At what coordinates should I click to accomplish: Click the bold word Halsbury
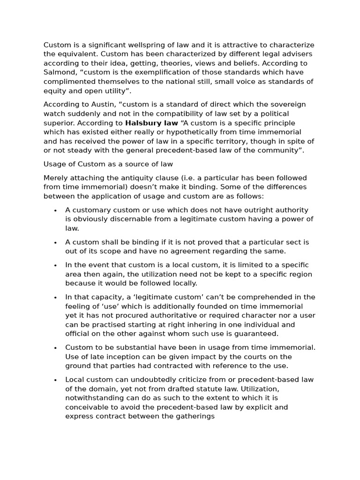(143, 123)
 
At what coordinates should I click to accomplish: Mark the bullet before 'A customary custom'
(56, 210)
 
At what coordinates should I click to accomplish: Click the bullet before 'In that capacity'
(56, 297)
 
